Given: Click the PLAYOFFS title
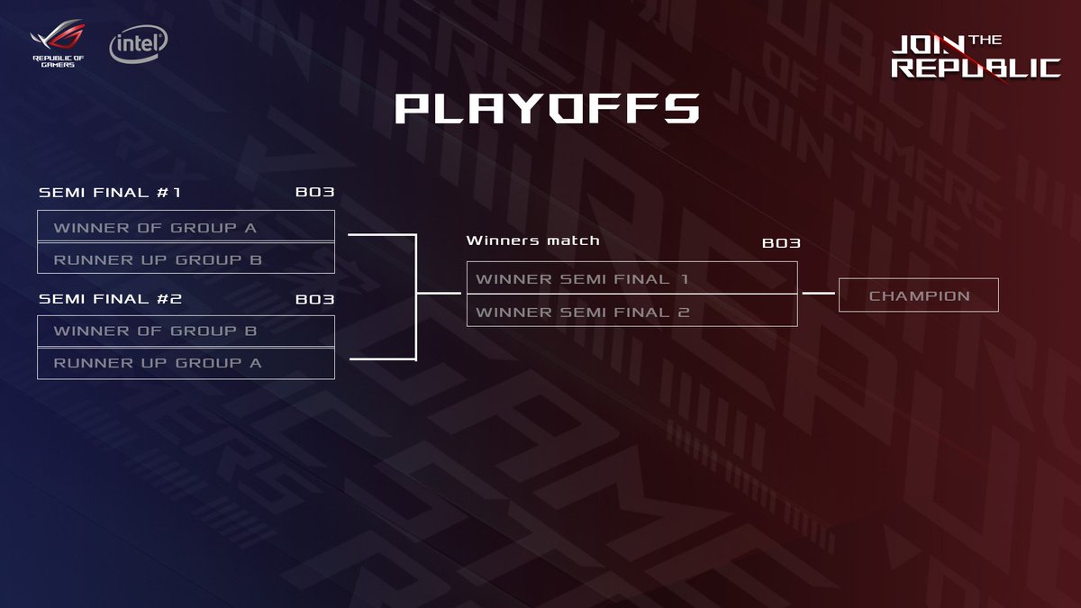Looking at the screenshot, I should [547, 108].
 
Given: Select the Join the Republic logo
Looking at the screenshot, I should [974, 57].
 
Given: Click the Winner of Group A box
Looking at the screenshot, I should [186, 226].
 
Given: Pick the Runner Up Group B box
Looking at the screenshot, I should [186, 259].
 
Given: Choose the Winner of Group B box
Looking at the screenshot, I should [186, 331].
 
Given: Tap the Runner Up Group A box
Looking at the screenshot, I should [186, 363].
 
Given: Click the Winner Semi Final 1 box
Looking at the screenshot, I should [631, 278].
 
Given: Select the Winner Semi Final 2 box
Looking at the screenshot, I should [631, 311].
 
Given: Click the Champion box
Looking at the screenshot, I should [918, 295].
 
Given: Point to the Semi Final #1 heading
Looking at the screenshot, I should [110, 193].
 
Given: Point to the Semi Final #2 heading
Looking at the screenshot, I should [110, 299].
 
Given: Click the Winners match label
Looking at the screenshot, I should [532, 240].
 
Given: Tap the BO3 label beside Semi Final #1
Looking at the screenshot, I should [315, 193].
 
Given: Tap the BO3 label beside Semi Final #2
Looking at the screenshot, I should [315, 299].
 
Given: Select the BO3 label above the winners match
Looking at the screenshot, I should [781, 243].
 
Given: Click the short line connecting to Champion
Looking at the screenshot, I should [818, 294].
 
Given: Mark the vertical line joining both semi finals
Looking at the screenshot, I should [415, 297].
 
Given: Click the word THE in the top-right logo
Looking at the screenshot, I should [986, 41].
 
